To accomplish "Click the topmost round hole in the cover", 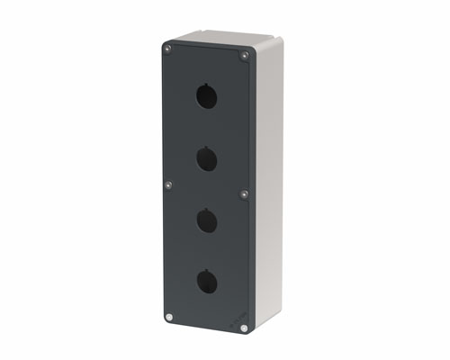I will [x=205, y=96].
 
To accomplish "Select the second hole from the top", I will [x=205, y=161].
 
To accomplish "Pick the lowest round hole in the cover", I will [x=207, y=283].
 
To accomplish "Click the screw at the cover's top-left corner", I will [x=167, y=44].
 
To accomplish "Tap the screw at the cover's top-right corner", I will [x=244, y=56].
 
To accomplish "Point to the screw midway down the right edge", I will [x=244, y=193].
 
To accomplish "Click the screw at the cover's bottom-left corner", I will [x=170, y=316].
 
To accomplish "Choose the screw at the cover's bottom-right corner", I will [x=244, y=328].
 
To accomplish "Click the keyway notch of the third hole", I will [x=206, y=211].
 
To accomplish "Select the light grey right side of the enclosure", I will [x=268, y=180].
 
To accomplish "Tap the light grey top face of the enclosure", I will [x=225, y=40].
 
